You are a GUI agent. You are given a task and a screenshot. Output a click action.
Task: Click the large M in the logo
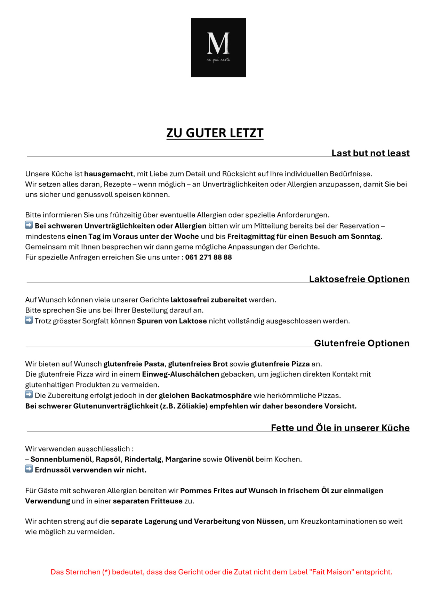218,43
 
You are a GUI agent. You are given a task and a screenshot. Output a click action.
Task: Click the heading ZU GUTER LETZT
215,133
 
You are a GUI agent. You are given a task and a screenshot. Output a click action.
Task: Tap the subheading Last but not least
370,153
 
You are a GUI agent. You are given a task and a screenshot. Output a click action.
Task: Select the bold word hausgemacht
109,174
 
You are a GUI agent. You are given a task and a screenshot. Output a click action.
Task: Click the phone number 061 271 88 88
208,257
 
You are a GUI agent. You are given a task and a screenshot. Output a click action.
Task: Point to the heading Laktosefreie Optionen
359,279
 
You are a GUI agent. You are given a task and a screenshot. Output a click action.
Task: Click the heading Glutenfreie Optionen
362,343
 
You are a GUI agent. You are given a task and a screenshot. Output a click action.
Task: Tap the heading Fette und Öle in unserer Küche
340,428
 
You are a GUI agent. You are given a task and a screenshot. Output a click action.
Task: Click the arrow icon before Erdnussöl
29,469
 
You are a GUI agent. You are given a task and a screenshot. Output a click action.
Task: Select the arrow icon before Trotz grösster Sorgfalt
29,320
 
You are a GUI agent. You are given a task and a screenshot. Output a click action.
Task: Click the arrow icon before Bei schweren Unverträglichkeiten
29,225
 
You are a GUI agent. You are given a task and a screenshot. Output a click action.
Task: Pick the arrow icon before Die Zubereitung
29,395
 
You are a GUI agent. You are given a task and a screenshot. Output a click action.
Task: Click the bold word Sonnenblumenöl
61,459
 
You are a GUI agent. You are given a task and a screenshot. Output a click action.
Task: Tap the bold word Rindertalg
143,459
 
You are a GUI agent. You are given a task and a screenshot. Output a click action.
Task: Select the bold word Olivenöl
239,459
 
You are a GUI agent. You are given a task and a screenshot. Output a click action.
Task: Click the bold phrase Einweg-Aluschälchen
181,374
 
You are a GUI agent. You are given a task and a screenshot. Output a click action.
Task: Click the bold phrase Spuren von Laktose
172,321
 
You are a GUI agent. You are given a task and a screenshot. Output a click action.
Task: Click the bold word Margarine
183,459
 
